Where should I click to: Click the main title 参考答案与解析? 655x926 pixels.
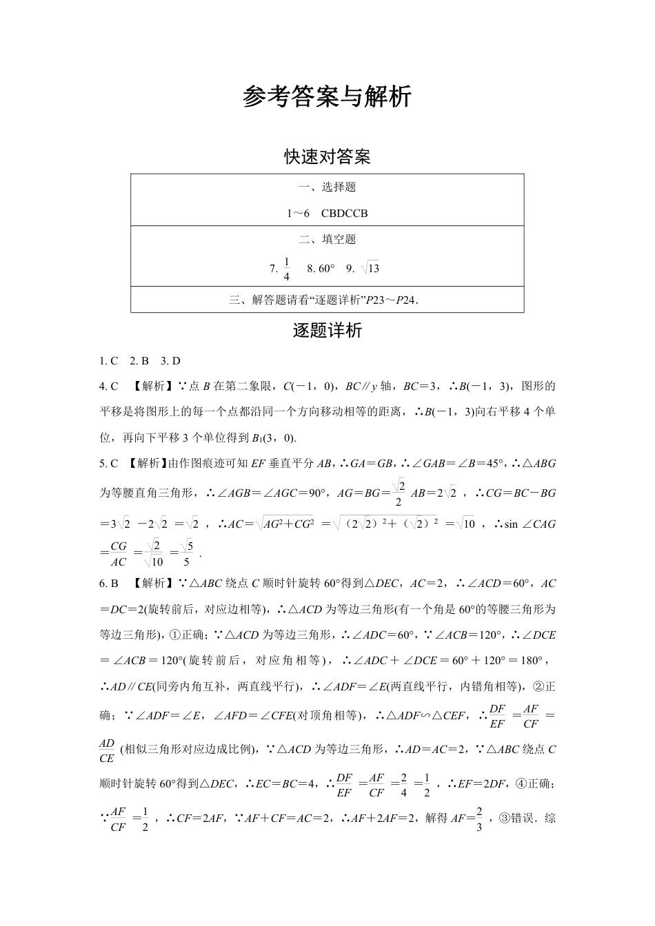(x=327, y=97)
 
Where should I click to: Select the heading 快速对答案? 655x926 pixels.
(x=327, y=157)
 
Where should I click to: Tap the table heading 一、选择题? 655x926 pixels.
(x=327, y=187)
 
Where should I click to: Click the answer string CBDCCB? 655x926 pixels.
(x=344, y=213)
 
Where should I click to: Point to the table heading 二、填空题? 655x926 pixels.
(x=327, y=239)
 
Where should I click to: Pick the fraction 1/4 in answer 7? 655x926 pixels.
(x=287, y=269)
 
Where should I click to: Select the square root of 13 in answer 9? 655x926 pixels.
(x=370, y=269)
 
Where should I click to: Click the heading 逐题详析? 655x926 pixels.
(x=327, y=331)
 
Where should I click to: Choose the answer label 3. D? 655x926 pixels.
(x=170, y=360)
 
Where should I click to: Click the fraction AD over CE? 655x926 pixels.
(x=107, y=750)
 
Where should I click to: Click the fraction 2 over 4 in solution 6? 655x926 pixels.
(x=403, y=785)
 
